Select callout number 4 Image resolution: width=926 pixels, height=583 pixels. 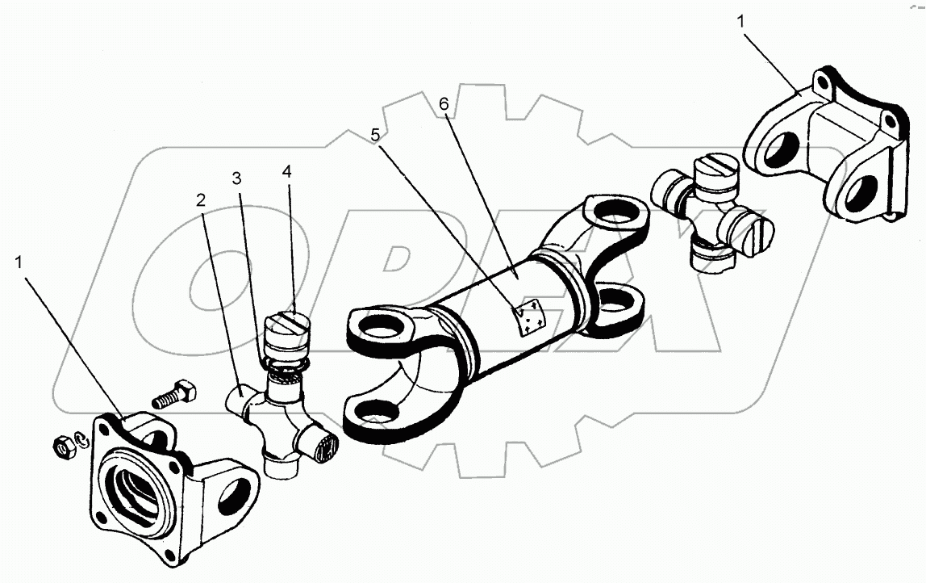(x=287, y=172)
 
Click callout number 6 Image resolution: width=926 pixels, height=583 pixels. (x=443, y=104)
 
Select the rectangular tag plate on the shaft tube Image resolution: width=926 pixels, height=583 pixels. (x=529, y=317)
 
